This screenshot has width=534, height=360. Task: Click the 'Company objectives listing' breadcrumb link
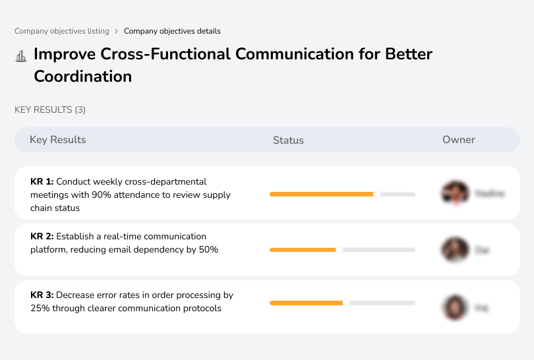click(61, 31)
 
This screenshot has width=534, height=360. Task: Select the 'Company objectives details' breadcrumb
click(172, 31)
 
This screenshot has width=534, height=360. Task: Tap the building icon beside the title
click(21, 56)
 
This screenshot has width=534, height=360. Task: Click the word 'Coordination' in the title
click(82, 76)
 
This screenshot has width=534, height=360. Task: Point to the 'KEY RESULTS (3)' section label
click(50, 109)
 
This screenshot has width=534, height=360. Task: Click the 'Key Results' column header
click(57, 140)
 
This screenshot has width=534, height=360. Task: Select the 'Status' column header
click(288, 140)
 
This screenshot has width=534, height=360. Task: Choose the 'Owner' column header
click(458, 140)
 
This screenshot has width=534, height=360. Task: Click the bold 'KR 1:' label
click(42, 181)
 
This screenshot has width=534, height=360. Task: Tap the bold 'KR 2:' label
click(42, 236)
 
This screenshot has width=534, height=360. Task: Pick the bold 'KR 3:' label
click(42, 295)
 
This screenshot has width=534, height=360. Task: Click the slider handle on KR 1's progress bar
click(377, 195)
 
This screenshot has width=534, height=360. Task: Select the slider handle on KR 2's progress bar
click(340, 250)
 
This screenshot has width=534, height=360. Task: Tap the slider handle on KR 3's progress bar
click(346, 303)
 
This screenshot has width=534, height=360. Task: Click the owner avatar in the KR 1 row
click(455, 193)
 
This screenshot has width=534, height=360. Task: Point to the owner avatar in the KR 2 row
click(455, 250)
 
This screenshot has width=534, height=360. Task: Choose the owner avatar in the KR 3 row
click(455, 307)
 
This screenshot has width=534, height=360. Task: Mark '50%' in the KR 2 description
click(208, 250)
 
